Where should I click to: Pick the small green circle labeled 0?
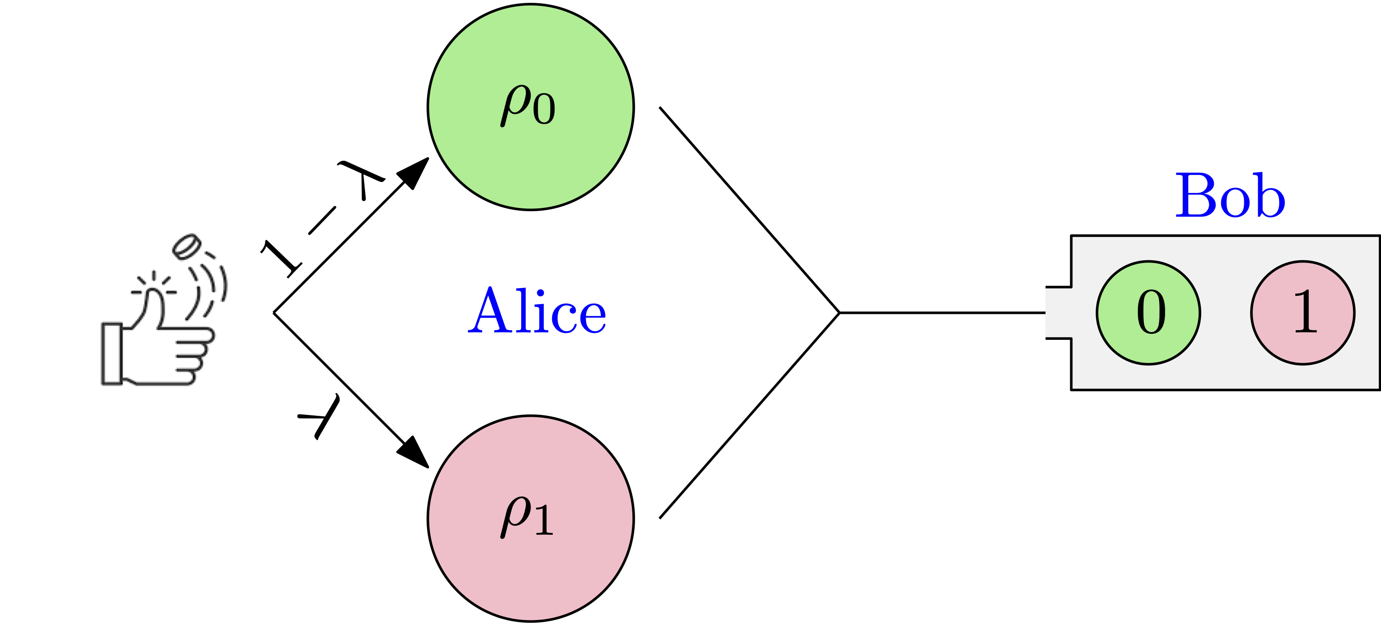coord(1148,313)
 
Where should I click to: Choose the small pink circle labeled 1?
coord(1303,313)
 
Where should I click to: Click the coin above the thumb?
coord(186,246)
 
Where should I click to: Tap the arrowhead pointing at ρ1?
coord(415,453)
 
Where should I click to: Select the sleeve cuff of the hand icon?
coord(112,354)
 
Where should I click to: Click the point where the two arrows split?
coord(274,313)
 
